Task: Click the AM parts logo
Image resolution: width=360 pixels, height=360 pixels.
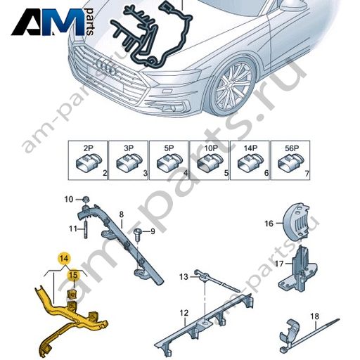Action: pos(53,22)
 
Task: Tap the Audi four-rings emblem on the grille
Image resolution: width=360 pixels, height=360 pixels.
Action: pos(106,66)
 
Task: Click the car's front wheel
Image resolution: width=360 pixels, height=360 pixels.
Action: pos(233,86)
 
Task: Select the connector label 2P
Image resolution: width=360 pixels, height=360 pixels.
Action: pos(88,148)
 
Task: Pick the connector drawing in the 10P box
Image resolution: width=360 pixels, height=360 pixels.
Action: pos(209,162)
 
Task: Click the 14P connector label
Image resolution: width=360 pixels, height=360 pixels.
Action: pos(250,148)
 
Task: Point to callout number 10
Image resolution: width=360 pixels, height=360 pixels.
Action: pos(69,200)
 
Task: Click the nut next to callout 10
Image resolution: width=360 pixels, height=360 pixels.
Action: pos(86,200)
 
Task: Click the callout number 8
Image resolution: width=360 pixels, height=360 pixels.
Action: pos(121,214)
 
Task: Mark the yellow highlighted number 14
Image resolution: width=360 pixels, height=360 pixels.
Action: pos(65,259)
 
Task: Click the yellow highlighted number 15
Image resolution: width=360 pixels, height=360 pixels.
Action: pos(73,275)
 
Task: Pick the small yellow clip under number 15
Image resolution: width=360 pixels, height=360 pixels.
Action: pos(72,295)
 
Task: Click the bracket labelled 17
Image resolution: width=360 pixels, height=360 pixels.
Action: pos(298,269)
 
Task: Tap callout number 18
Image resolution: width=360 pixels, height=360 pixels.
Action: pos(315,316)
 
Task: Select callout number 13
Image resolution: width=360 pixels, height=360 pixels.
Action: pos(184,277)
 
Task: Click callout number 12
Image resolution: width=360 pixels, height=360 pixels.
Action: pos(184,313)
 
